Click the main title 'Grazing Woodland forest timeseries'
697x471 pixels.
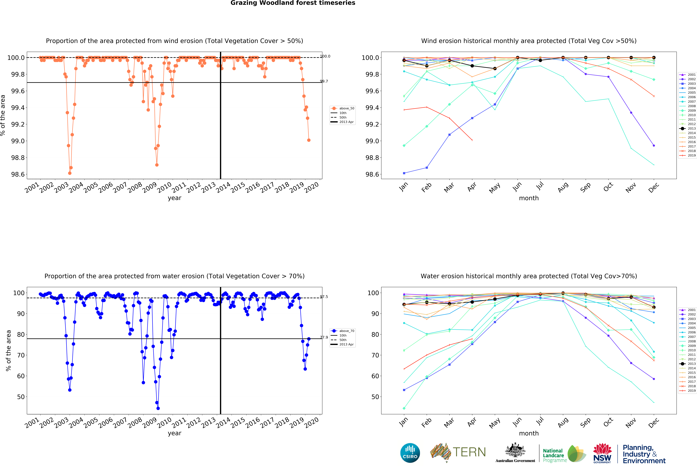click(x=293, y=3)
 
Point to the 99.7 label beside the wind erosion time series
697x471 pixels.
click(x=324, y=81)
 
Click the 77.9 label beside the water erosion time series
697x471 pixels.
click(x=324, y=338)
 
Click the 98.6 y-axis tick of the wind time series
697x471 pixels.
click(x=18, y=174)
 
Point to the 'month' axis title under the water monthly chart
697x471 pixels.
click(x=529, y=433)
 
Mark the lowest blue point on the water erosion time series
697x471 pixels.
click(x=158, y=408)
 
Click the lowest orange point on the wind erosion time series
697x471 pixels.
click(x=70, y=173)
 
